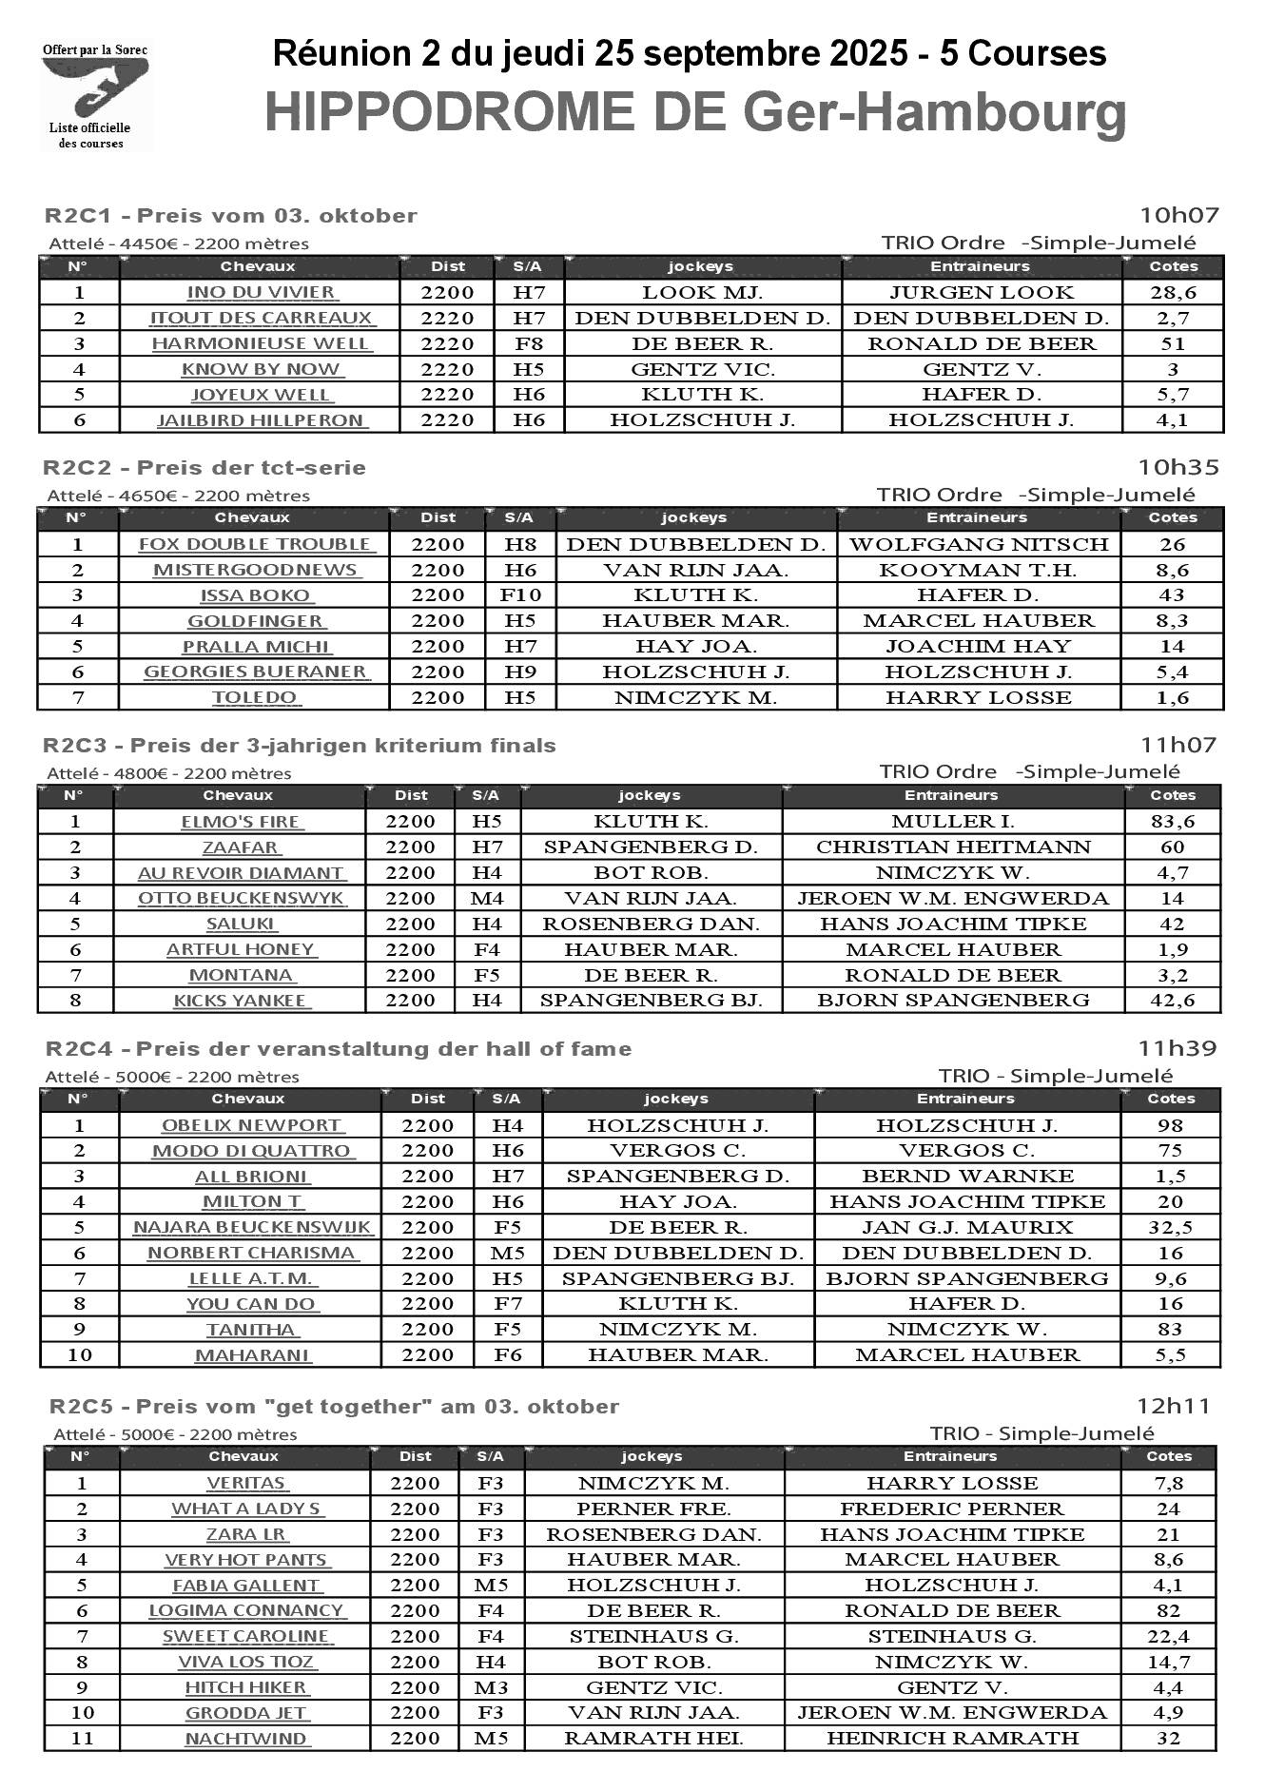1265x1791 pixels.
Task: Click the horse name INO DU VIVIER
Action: point(262,292)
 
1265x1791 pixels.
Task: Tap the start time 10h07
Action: point(1179,215)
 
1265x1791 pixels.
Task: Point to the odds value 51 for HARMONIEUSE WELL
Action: point(1173,343)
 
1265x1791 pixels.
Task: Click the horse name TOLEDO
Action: point(255,697)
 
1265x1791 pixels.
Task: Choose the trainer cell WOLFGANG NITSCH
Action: point(979,544)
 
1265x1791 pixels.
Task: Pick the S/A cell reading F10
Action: point(520,595)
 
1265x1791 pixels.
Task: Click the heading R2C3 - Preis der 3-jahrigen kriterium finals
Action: point(300,745)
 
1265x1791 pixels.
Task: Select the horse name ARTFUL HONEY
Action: point(241,949)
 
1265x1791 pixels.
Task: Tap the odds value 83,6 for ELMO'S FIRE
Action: point(1172,821)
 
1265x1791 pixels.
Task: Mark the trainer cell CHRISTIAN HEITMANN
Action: point(953,847)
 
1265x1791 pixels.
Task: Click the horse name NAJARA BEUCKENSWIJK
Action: point(252,1227)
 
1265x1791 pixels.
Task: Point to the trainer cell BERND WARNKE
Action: point(967,1176)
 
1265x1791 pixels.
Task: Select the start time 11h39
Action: point(1177,1048)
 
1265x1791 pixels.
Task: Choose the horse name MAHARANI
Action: point(252,1354)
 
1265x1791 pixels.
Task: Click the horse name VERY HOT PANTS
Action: point(246,1560)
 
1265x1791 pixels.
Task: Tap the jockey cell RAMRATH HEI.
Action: point(653,1738)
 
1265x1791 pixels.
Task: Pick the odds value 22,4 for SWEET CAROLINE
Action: point(1168,1636)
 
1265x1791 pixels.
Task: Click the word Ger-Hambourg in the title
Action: point(934,112)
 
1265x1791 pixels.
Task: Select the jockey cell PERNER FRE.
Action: point(653,1509)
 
